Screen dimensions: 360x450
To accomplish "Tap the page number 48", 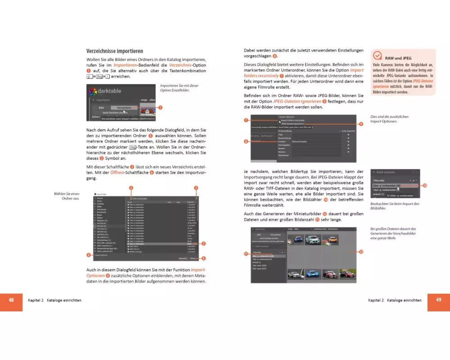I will pyautogui.click(x=11, y=300).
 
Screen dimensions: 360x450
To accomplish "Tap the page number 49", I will pyautogui.click(x=438, y=300).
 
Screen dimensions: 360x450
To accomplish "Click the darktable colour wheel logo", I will pyautogui.click(x=93, y=92).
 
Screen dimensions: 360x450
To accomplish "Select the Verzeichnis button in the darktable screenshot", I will pyautogui.click(x=124, y=108).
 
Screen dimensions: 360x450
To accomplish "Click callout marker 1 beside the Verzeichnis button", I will pyautogui.click(x=160, y=108).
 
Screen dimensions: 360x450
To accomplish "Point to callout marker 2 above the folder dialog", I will pyautogui.click(x=131, y=188).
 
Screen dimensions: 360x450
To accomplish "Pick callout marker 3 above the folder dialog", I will pyautogui.click(x=196, y=188).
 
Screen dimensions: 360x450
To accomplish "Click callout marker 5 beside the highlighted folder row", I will pyautogui.click(x=203, y=244).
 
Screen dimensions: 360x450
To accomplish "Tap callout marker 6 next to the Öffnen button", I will pyautogui.click(x=203, y=259).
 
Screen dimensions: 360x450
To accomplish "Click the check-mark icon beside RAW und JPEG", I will pyautogui.click(x=378, y=56).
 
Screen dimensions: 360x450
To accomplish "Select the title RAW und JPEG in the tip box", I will pyautogui.click(x=398, y=58).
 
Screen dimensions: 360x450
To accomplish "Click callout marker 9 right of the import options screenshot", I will pyautogui.click(x=360, y=124).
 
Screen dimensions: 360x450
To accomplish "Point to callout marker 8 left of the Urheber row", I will pyautogui.click(x=246, y=141).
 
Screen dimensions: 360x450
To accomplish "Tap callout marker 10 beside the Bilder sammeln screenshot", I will pyautogui.click(x=425, y=185).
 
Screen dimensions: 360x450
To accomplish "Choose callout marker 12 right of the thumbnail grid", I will pyautogui.click(x=361, y=252).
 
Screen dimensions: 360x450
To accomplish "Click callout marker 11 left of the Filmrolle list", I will pyautogui.click(x=246, y=254).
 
